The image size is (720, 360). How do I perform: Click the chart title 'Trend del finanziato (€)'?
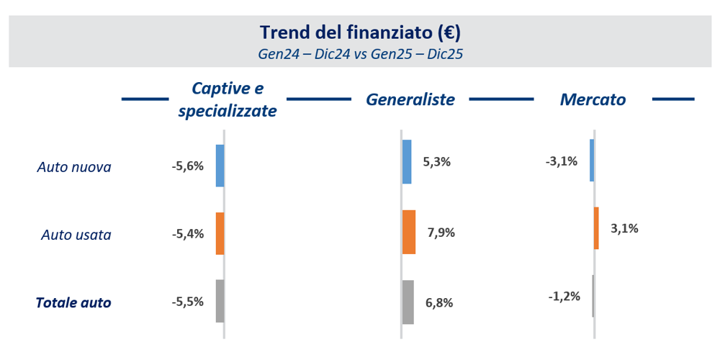click(360, 32)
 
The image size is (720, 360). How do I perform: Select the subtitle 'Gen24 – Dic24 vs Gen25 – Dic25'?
click(360, 54)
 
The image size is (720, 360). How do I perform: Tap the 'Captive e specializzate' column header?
click(228, 99)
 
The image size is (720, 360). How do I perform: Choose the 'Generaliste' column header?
click(410, 99)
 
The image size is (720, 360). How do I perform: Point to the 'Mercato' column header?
click(593, 99)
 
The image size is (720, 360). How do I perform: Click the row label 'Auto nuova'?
click(74, 168)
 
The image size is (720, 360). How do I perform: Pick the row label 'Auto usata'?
click(76, 235)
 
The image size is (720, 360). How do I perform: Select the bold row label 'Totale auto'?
click(73, 303)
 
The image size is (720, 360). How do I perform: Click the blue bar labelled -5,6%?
click(220, 166)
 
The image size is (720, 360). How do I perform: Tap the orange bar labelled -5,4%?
click(220, 233)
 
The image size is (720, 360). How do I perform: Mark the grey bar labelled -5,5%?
click(220, 301)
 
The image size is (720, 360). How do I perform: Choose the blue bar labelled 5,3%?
click(407, 162)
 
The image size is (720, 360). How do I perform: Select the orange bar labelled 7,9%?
click(409, 232)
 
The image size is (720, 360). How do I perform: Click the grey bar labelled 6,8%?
click(408, 302)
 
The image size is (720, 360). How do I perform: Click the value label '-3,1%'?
click(562, 161)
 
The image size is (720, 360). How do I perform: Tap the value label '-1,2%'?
click(564, 296)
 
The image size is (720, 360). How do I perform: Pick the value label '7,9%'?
click(441, 233)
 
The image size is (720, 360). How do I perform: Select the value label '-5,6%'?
click(188, 166)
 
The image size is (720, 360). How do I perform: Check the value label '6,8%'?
click(439, 302)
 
